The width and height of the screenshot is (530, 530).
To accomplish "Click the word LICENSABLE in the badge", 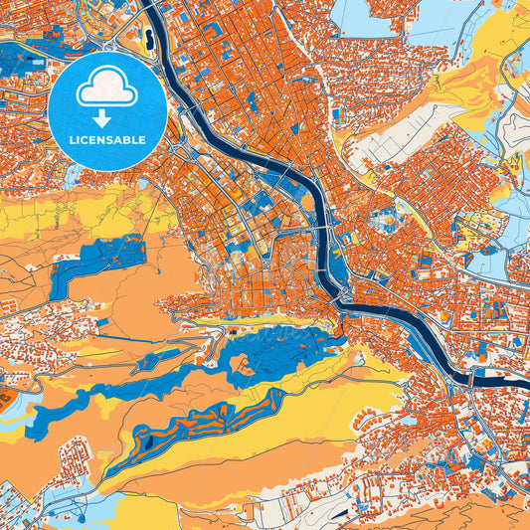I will [107, 140].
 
